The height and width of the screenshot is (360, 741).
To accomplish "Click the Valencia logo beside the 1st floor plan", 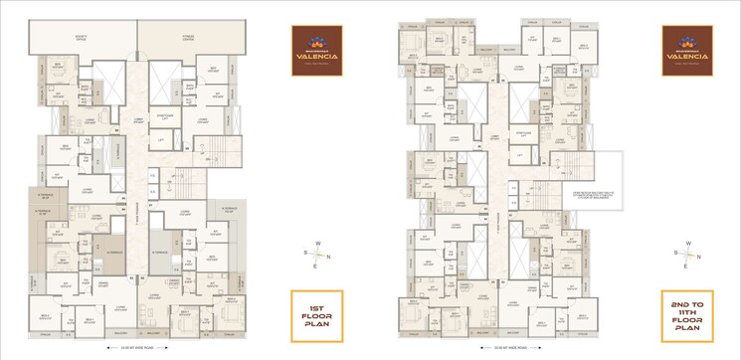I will point(316,49).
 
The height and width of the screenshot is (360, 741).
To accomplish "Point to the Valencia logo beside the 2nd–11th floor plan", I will point(686,49).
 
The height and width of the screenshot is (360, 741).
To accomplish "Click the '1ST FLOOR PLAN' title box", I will point(316,316).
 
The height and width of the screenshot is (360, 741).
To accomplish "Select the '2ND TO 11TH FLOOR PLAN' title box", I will point(686,316).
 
